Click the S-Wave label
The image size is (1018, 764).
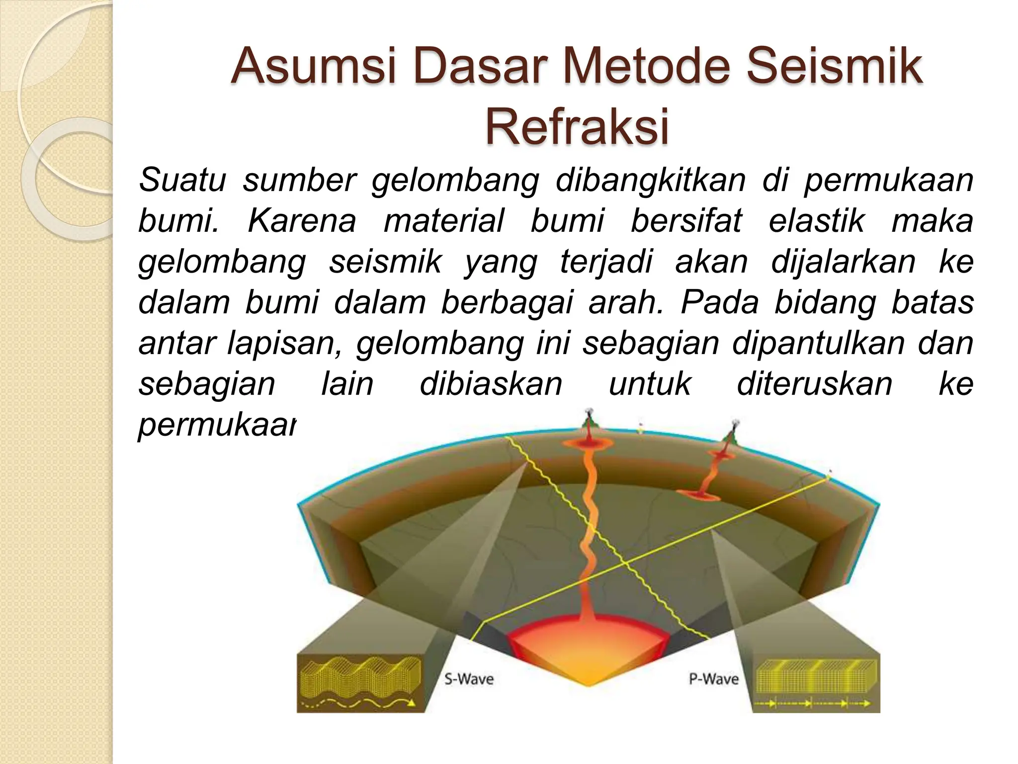(468, 679)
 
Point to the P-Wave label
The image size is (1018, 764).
(713, 679)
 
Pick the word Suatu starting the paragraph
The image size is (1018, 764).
(182, 180)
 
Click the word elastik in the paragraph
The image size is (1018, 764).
(816, 221)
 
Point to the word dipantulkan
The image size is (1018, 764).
(818, 343)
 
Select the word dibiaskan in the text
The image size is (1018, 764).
(491, 384)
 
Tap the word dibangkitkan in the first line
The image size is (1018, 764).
(650, 180)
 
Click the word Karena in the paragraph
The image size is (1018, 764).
(301, 221)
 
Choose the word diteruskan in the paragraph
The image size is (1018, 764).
(814, 384)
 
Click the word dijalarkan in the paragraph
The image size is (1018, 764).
(843, 262)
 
